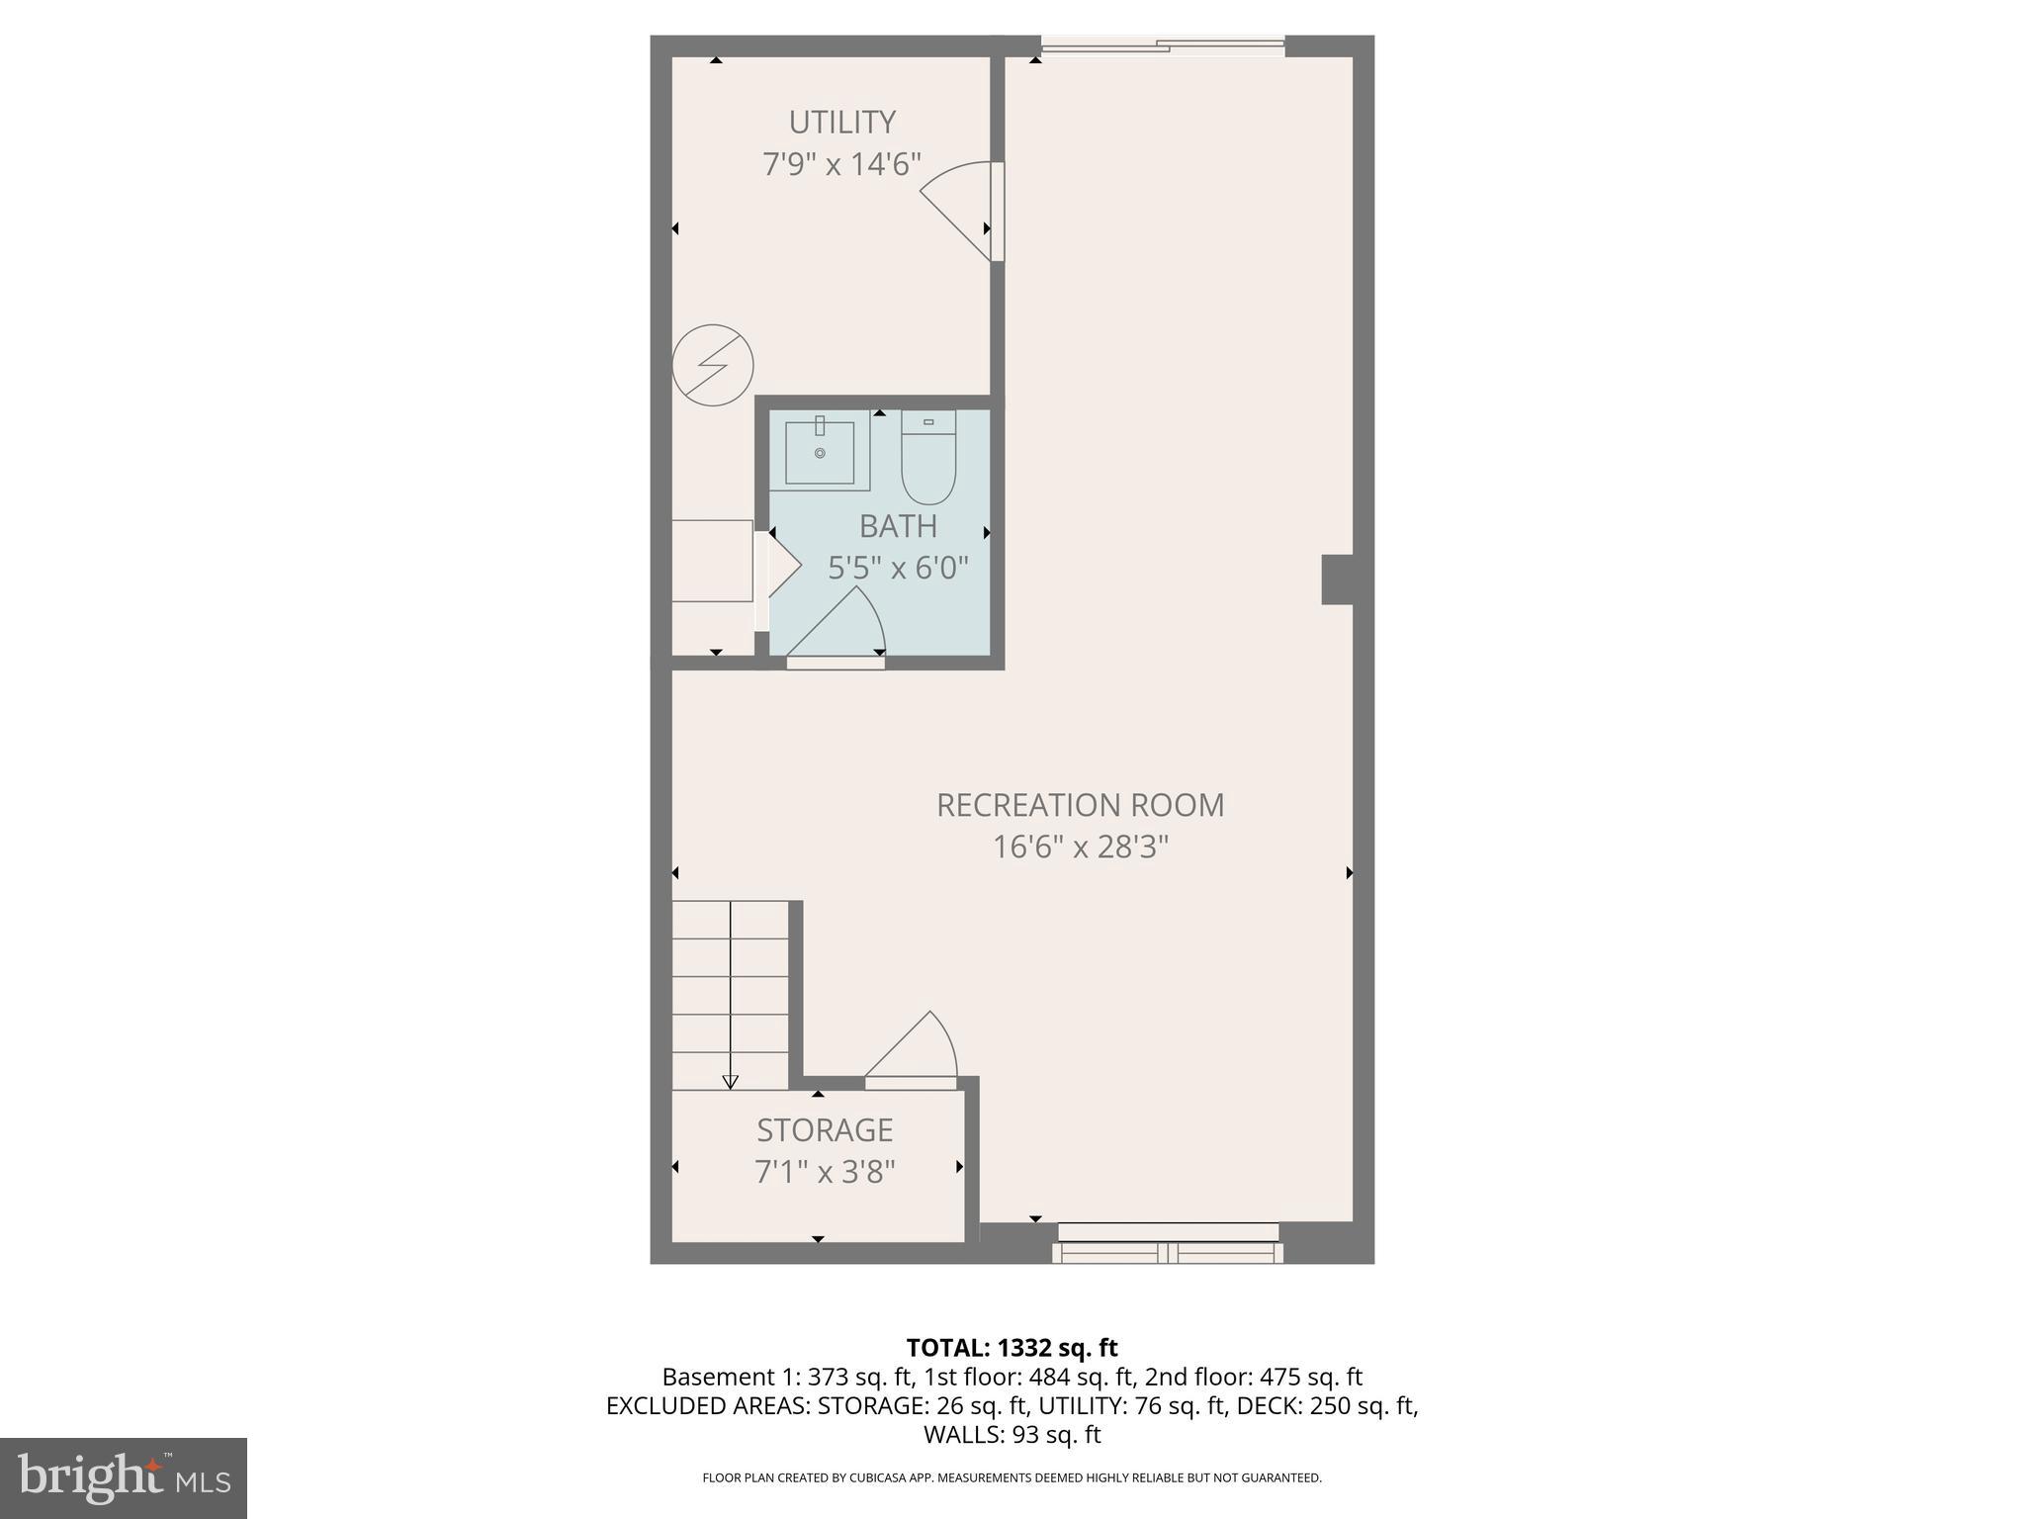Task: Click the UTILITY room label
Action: [841, 123]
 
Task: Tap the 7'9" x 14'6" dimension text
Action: [841, 164]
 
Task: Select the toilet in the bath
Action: [928, 459]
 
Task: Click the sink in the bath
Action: [820, 451]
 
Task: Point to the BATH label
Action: [898, 526]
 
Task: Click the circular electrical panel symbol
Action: [713, 366]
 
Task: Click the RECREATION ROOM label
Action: [1080, 805]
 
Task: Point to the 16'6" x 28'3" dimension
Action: [1080, 848]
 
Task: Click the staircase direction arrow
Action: [731, 1082]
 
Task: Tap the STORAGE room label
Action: [825, 1129]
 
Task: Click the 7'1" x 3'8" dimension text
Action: [825, 1172]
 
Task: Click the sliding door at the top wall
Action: [1163, 45]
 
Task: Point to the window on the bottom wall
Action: [1168, 1243]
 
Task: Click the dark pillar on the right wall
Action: [1338, 580]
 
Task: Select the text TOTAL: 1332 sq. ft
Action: [1012, 1347]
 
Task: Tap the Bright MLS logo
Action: [124, 1477]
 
